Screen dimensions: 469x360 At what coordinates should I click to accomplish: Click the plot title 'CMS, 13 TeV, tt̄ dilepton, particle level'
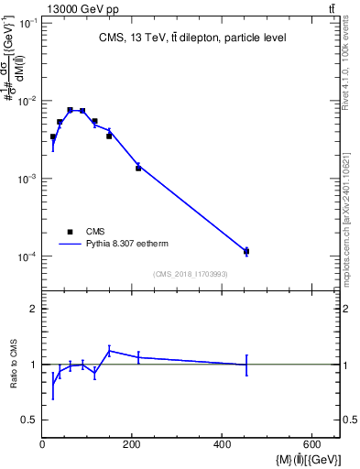191,38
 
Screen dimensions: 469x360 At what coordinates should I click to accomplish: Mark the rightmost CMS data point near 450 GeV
246,251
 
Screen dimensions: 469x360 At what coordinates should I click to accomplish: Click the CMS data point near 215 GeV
138,169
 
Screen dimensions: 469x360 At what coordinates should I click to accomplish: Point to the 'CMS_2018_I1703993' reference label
191,274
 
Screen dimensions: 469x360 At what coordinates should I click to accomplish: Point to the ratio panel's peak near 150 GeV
109,350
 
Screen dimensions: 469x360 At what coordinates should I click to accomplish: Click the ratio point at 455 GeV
246,365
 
